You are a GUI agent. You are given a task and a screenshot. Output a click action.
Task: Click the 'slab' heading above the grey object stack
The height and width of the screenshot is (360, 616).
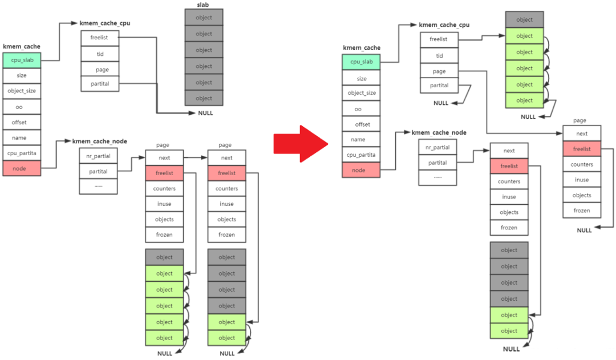pyautogui.click(x=204, y=5)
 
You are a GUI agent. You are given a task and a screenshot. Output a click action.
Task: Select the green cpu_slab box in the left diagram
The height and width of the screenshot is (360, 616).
pyautogui.click(x=22, y=60)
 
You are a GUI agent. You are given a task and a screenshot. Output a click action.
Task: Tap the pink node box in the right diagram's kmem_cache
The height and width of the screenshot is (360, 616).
pyautogui.click(x=361, y=170)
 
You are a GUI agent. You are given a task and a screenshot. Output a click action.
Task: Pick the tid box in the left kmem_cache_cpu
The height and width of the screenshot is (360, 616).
pyautogui.click(x=99, y=54)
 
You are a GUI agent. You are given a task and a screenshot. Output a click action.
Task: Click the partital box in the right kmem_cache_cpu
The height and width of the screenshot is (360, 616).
pyautogui.click(x=439, y=86)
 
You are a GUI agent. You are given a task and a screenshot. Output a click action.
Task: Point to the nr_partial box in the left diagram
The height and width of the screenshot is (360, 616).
pyautogui.click(x=98, y=156)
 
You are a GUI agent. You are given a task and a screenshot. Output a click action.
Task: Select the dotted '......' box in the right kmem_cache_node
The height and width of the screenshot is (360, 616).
pyautogui.click(x=437, y=177)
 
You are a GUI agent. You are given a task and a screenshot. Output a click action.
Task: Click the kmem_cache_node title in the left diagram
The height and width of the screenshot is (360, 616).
pyautogui.click(x=99, y=141)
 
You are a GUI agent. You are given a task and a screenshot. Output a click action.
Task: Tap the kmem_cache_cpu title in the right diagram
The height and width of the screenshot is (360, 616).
pyautogui.click(x=444, y=25)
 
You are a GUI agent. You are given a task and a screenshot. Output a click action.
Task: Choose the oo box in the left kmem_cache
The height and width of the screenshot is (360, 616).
pyautogui.click(x=22, y=107)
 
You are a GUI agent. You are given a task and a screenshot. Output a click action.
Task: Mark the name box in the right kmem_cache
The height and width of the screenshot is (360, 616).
pyautogui.click(x=361, y=139)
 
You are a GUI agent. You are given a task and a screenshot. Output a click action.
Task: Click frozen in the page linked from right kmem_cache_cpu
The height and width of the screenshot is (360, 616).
pyautogui.click(x=582, y=211)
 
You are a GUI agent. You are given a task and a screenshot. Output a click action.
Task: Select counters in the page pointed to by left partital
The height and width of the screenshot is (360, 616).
pyautogui.click(x=164, y=188)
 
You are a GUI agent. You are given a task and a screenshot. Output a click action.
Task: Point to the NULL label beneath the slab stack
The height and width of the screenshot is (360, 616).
pyautogui.click(x=205, y=113)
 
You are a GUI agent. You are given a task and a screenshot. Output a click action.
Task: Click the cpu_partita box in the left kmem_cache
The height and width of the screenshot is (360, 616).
pyautogui.click(x=22, y=153)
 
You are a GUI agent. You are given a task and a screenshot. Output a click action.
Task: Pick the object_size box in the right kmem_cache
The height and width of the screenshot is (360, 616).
pyautogui.click(x=361, y=93)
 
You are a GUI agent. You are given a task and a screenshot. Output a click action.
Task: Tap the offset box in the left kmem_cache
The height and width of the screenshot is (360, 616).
pyautogui.click(x=22, y=122)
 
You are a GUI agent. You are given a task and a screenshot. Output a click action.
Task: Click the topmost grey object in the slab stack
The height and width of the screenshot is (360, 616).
pyautogui.click(x=204, y=18)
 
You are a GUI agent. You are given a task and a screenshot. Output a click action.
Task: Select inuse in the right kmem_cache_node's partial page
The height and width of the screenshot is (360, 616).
pyautogui.click(x=509, y=197)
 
